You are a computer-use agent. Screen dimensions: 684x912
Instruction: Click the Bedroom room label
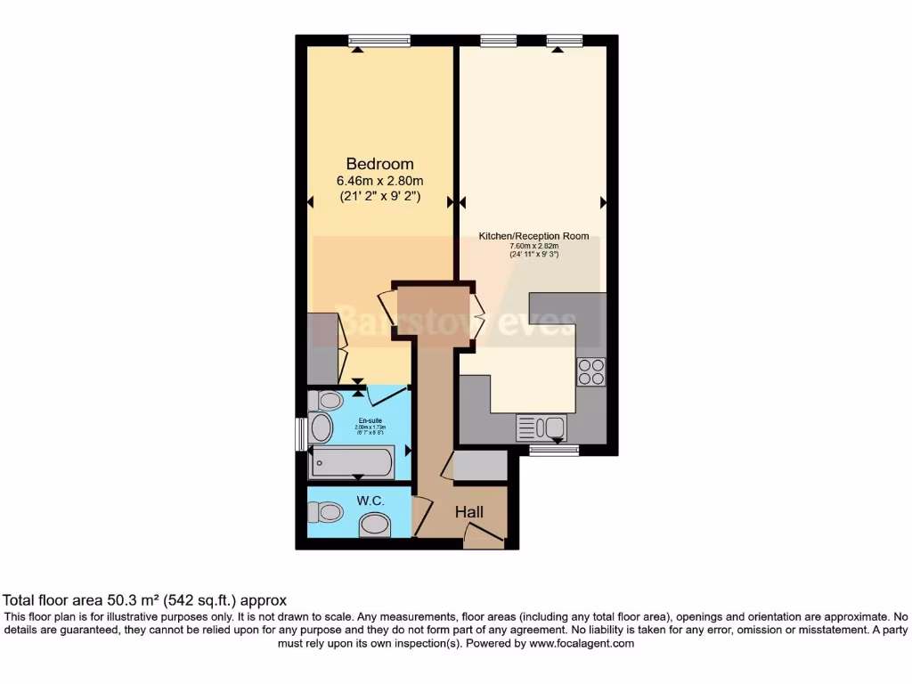[x=379, y=164]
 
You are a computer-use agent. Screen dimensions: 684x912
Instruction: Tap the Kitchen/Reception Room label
[x=533, y=236]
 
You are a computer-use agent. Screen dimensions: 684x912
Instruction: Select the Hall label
[x=469, y=512]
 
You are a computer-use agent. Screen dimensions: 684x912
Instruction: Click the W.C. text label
[x=370, y=501]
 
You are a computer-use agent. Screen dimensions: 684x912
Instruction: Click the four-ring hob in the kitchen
[x=590, y=371]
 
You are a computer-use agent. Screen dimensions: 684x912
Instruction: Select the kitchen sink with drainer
[x=541, y=427]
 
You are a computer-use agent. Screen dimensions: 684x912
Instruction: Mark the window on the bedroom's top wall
[x=379, y=40]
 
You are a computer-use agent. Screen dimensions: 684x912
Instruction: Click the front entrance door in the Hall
[x=484, y=537]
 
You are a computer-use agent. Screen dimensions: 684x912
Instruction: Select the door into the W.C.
[x=421, y=513]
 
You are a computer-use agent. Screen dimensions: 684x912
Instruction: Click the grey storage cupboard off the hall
[x=479, y=467]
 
